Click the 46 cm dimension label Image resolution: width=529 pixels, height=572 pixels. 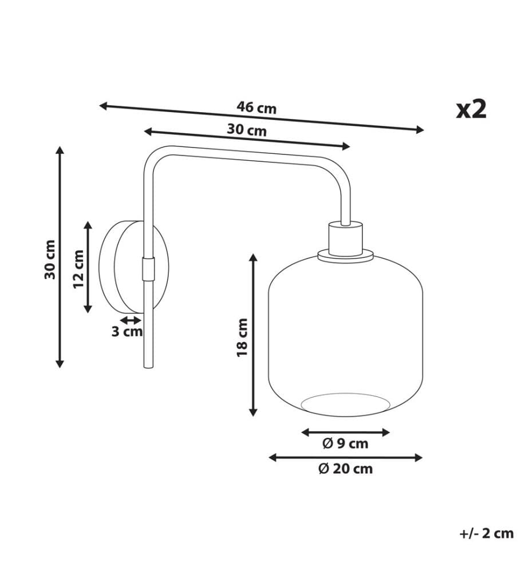coord(256,108)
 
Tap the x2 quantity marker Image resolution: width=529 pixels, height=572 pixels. coord(471,109)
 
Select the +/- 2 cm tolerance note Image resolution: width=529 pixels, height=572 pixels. coord(486,533)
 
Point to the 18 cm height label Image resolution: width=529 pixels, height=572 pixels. coord(242,337)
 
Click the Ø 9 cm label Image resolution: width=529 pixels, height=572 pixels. coord(345,443)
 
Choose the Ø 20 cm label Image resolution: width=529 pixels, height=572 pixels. coord(345,468)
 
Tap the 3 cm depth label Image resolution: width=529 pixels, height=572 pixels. coord(127,332)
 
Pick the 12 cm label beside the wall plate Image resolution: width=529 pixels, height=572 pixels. coord(78,269)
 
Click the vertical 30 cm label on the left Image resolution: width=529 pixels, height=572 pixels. coord(50,259)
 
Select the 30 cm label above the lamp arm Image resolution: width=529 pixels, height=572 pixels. coord(247,130)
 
